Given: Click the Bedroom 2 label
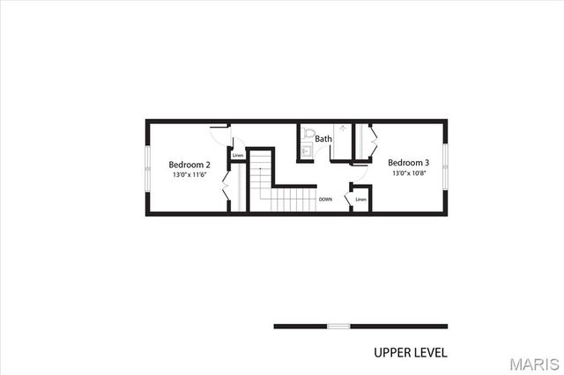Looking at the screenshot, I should [x=189, y=165].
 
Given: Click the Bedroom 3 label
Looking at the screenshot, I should [x=408, y=163].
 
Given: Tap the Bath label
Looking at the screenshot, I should [x=323, y=139].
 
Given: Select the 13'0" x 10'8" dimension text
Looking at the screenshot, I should [x=408, y=173].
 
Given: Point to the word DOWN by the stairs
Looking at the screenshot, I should [x=325, y=200].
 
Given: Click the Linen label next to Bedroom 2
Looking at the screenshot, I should [x=238, y=156].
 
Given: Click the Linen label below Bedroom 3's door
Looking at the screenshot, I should [x=360, y=200].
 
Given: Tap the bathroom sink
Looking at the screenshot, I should [x=306, y=151].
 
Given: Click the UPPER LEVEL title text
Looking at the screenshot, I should [x=411, y=352].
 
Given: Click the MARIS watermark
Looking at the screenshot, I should [x=532, y=363].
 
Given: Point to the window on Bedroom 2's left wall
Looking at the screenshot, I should [x=146, y=166].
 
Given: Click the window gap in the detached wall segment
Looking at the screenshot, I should [x=338, y=327].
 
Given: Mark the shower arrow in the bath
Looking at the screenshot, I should [x=343, y=129].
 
